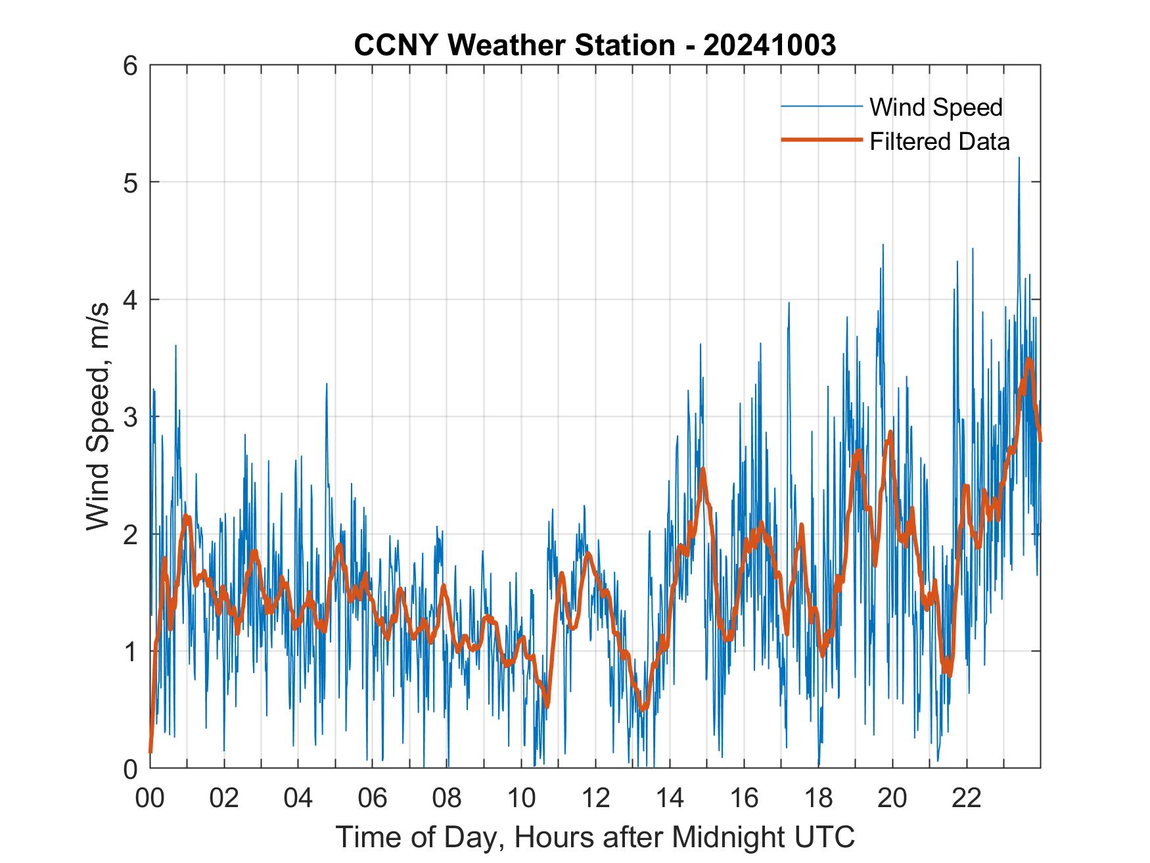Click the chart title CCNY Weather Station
(x=514, y=45)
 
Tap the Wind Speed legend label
(x=936, y=107)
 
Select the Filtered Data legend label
(x=940, y=141)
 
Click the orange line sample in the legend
(x=821, y=140)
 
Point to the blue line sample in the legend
(x=821, y=106)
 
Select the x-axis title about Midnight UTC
(x=595, y=837)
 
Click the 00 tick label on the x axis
(x=150, y=799)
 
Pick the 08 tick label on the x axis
(x=447, y=799)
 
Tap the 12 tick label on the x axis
(x=595, y=799)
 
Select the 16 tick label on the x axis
(x=744, y=799)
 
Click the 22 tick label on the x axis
(x=967, y=799)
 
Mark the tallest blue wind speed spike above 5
(x=1019, y=158)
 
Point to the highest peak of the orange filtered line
(x=1029, y=360)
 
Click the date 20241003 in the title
(x=770, y=45)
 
